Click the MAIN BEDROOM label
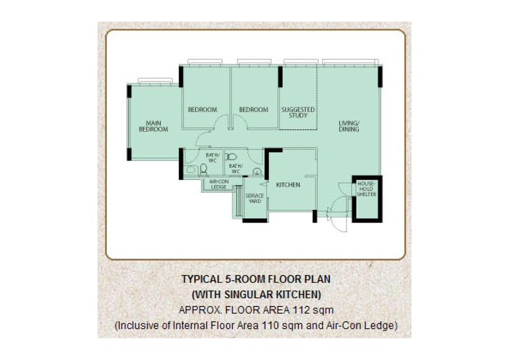click(x=153, y=126)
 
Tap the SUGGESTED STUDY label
click(x=298, y=113)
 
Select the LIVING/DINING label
click(x=349, y=126)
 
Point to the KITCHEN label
click(x=288, y=185)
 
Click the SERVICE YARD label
click(x=254, y=198)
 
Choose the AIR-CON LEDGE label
click(x=219, y=184)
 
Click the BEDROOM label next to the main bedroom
click(x=202, y=110)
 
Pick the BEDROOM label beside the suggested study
click(x=254, y=110)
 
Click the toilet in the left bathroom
click(x=204, y=169)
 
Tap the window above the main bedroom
click(x=155, y=80)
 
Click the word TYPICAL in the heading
click(x=201, y=279)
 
